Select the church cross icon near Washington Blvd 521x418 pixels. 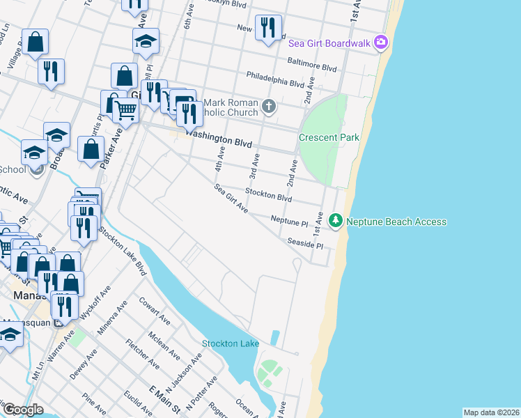coord(270,107)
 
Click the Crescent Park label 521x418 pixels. coord(329,137)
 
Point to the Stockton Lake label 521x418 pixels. coord(231,343)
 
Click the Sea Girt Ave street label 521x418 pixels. coord(231,198)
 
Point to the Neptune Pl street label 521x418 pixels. coord(289,221)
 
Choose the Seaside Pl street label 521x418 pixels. coord(305,244)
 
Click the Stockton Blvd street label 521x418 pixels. coord(268,196)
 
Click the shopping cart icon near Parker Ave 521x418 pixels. coord(125,109)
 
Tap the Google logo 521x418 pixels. coord(23,410)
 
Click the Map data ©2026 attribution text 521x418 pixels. coord(491,412)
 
